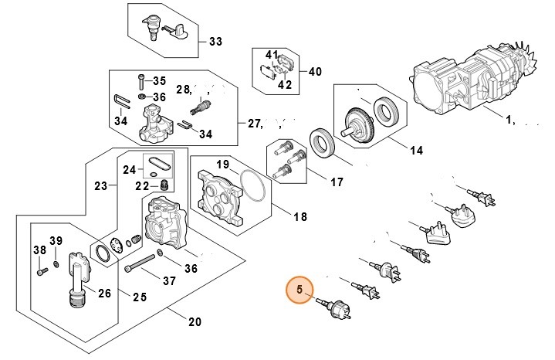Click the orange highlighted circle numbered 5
[300, 291]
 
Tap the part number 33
[215, 40]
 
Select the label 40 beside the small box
[314, 71]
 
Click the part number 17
[336, 183]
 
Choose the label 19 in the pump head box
[222, 165]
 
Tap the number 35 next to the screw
[159, 81]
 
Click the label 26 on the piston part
[104, 293]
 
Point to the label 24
[130, 169]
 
